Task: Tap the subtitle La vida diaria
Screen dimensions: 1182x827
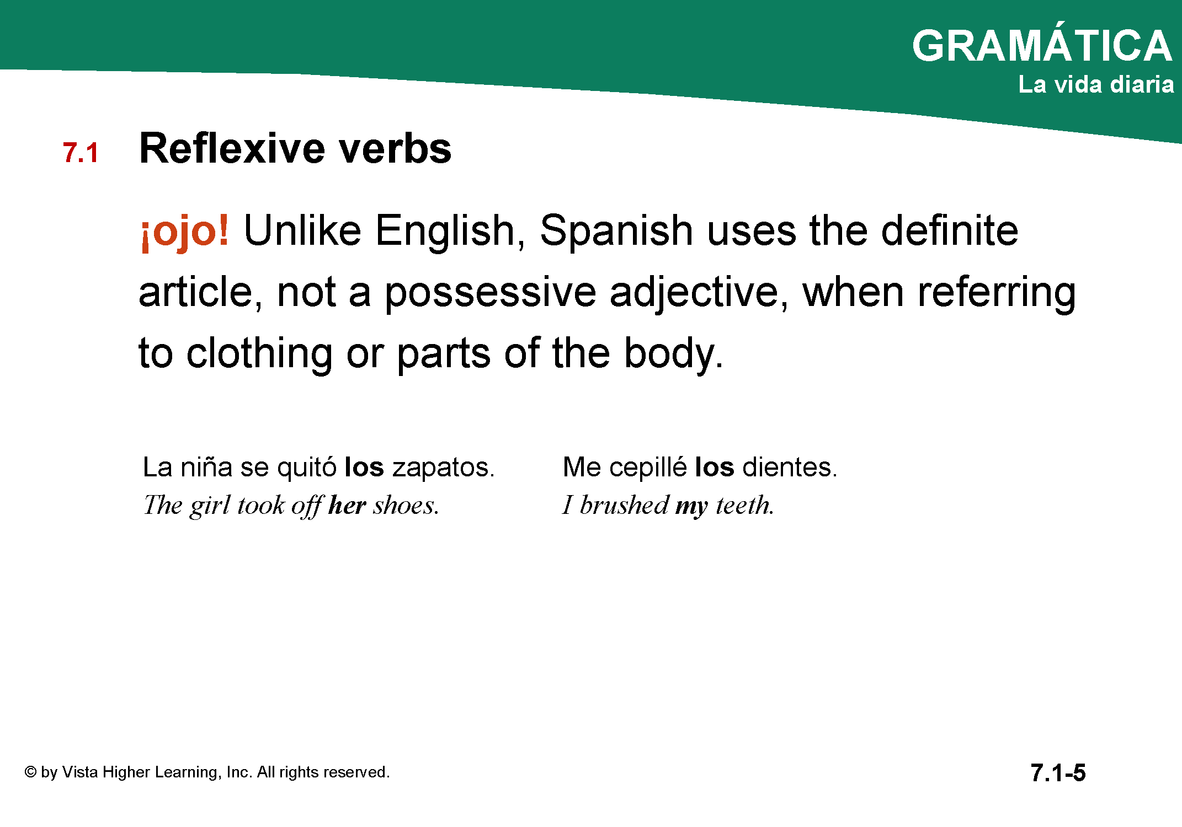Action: click(1096, 84)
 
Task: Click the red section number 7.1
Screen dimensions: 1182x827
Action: click(81, 153)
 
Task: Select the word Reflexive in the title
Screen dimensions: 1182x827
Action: click(232, 148)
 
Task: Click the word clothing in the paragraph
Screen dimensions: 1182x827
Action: click(259, 355)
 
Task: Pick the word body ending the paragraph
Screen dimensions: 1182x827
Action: click(673, 355)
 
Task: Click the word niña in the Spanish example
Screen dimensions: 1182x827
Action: click(206, 467)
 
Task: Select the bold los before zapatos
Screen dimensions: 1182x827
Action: click(364, 467)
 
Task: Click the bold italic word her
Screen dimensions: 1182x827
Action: click(347, 506)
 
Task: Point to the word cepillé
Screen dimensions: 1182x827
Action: click(648, 468)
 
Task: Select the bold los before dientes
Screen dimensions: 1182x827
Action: click(714, 467)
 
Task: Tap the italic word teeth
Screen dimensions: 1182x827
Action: click(745, 505)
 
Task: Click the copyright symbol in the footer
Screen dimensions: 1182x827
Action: click(30, 772)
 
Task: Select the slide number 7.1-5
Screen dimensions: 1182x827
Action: click(1058, 772)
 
